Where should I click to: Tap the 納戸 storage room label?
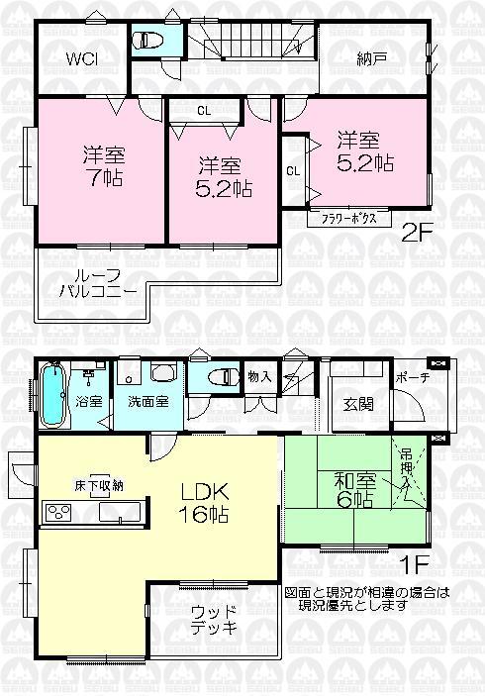pyautogui.click(x=372, y=57)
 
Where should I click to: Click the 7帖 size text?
pyautogui.click(x=96, y=180)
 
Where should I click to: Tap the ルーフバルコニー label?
pyautogui.click(x=92, y=285)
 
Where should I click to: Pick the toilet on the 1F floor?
pyautogui.click(x=226, y=377)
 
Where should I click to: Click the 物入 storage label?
pyautogui.click(x=259, y=375)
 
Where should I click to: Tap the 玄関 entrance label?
pyautogui.click(x=358, y=403)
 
